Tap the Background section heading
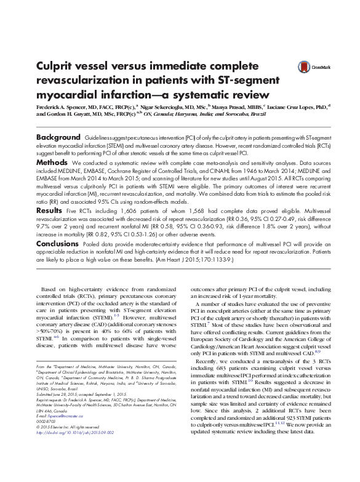58,136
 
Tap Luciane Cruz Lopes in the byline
298,106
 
